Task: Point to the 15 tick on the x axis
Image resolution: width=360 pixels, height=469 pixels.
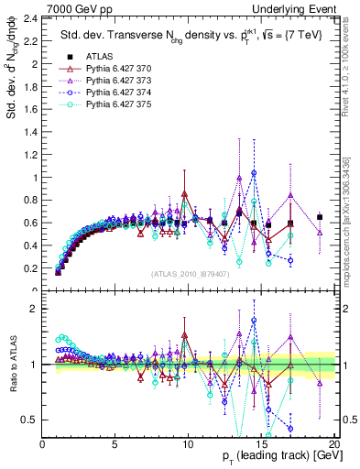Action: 261,444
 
